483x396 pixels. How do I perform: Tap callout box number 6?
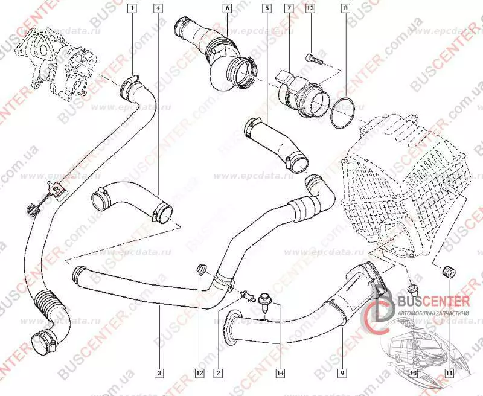click(x=227, y=9)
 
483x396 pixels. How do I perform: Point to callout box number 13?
click(x=310, y=9)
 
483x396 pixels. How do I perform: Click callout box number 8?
click(x=345, y=9)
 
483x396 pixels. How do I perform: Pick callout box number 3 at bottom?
click(x=158, y=372)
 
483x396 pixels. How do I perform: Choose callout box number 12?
click(x=199, y=372)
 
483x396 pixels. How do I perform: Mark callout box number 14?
click(x=280, y=372)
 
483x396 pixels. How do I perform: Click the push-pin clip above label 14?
click(x=265, y=300)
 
